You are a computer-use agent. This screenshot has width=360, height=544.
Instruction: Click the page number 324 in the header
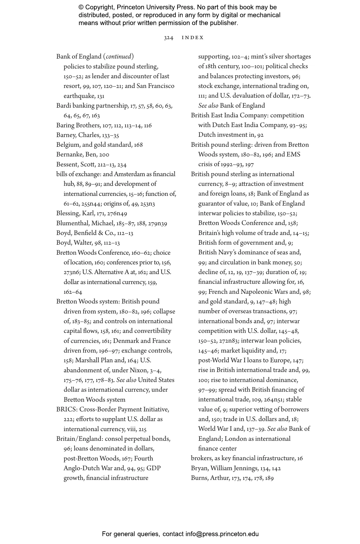tap(168, 38)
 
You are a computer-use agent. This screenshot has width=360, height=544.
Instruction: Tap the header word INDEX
tap(192, 38)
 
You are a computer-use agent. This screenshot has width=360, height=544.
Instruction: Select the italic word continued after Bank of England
tap(118, 56)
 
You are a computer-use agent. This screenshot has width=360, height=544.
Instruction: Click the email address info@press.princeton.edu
tap(222, 534)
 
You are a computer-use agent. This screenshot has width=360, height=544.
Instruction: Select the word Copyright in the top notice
tap(99, 7)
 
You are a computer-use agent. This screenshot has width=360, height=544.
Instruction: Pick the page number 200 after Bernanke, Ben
tap(104, 155)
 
